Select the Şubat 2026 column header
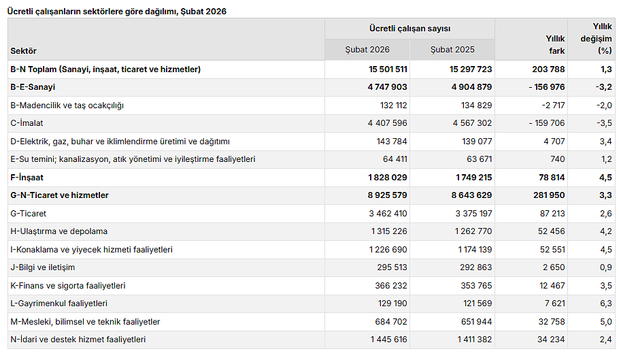tap(367, 50)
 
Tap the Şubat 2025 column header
tap(452, 50)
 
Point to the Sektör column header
tap(24, 51)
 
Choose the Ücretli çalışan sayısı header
tap(409, 29)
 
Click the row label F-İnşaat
tap(26, 178)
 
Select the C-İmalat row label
tap(29, 123)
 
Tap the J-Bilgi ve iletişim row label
tap(43, 267)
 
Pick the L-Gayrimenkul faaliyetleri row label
tap(58, 303)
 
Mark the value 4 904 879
tap(468, 87)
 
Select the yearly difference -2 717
tap(551, 105)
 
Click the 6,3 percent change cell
tap(605, 303)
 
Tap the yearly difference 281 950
tap(547, 195)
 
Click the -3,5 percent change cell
tap(603, 123)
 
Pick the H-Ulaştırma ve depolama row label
tap(59, 231)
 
